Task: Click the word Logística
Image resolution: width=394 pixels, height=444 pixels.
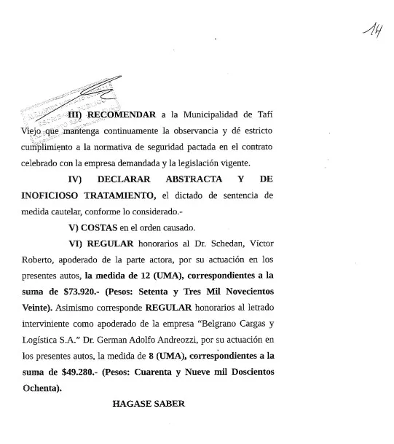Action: pyautogui.click(x=41, y=339)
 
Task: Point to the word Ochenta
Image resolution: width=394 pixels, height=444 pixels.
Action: pyautogui.click(x=41, y=386)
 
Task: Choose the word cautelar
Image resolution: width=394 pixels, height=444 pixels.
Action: pyautogui.click(x=67, y=211)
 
